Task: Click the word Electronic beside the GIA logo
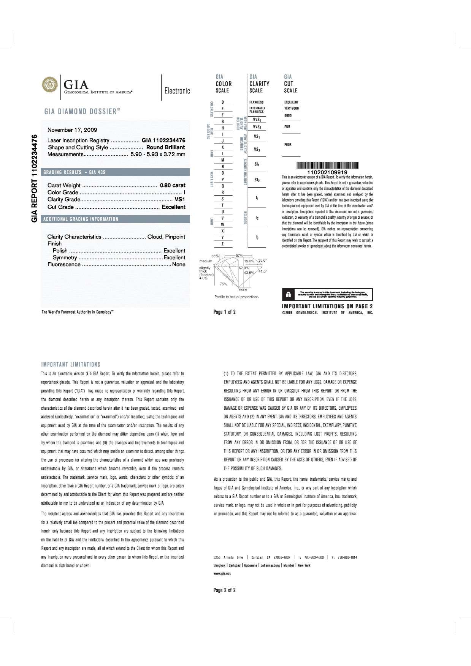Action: pyautogui.click(x=177, y=91)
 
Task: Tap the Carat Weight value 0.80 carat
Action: pyautogui.click(x=173, y=185)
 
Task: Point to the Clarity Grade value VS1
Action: pyautogui.click(x=180, y=199)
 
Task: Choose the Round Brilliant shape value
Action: pyautogui.click(x=166, y=147)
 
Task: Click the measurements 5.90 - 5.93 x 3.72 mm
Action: pyautogui.click(x=158, y=154)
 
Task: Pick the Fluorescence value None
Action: pyautogui.click(x=179, y=264)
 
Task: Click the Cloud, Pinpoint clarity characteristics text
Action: pyautogui.click(x=166, y=237)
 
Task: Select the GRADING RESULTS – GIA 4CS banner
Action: pyautogui.click(x=75, y=172)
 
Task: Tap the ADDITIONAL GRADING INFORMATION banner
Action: pyautogui.click(x=81, y=219)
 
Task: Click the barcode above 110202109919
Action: pyautogui.click(x=327, y=166)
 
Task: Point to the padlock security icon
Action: pyautogui.click(x=289, y=294)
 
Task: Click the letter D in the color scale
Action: pyautogui.click(x=222, y=102)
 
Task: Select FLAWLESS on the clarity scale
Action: pyautogui.click(x=257, y=102)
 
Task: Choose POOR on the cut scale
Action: pyautogui.click(x=288, y=145)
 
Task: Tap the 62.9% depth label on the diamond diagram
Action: pyautogui.click(x=244, y=268)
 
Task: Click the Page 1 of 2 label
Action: pyautogui.click(x=225, y=312)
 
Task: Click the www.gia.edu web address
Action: pyautogui.click(x=223, y=573)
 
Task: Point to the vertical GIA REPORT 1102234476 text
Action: pyautogui.click(x=35, y=178)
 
